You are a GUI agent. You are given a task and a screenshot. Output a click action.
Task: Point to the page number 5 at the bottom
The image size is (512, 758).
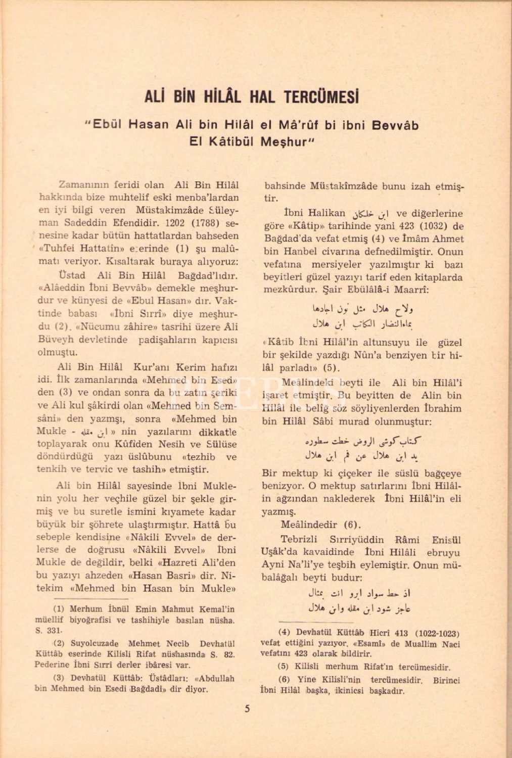[x=247, y=708]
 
